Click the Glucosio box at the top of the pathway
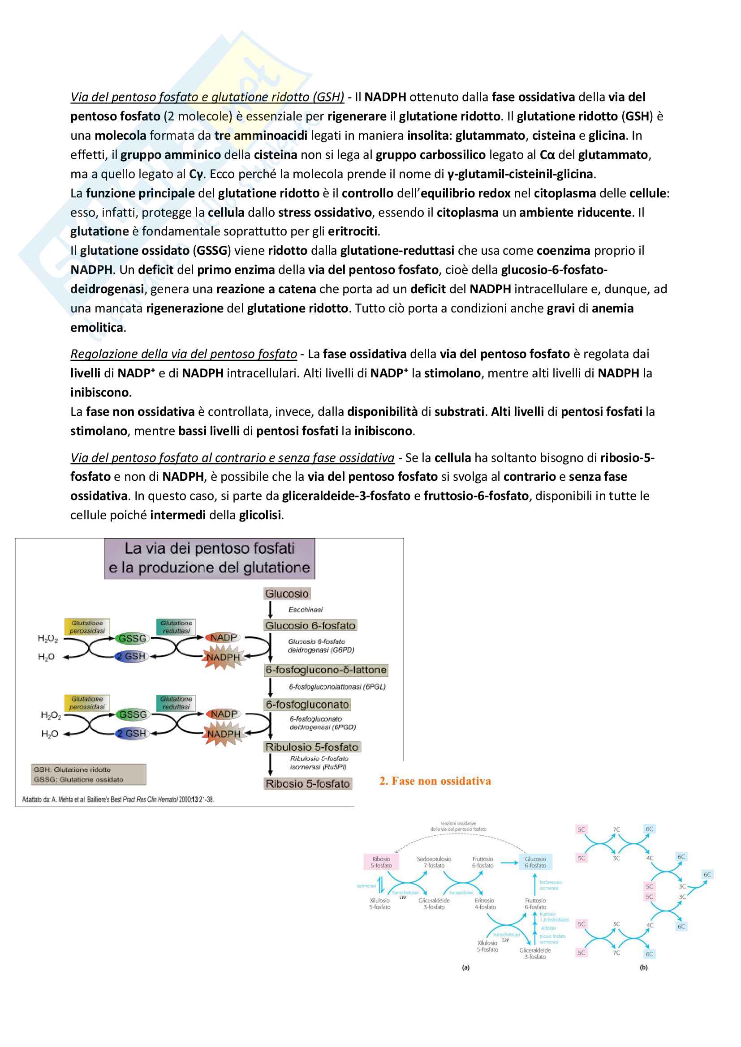[287, 593]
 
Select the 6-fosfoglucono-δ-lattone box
[326, 670]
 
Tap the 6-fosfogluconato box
[307, 705]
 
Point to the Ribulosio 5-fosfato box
[312, 747]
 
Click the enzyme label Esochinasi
[305, 610]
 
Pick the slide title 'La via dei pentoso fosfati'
[209, 548]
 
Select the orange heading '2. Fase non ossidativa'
[435, 781]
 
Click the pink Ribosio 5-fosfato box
[381, 862]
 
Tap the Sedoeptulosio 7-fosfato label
[434, 862]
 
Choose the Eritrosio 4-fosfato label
[485, 903]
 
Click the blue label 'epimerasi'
[366, 886]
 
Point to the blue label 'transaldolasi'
[461, 893]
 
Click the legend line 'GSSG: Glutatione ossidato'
[78, 779]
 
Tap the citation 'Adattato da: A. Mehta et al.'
[118, 799]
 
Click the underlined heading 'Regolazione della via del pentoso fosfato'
[183, 354]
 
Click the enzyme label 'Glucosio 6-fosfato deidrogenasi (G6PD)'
[321, 646]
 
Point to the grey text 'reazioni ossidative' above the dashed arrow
[458, 823]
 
